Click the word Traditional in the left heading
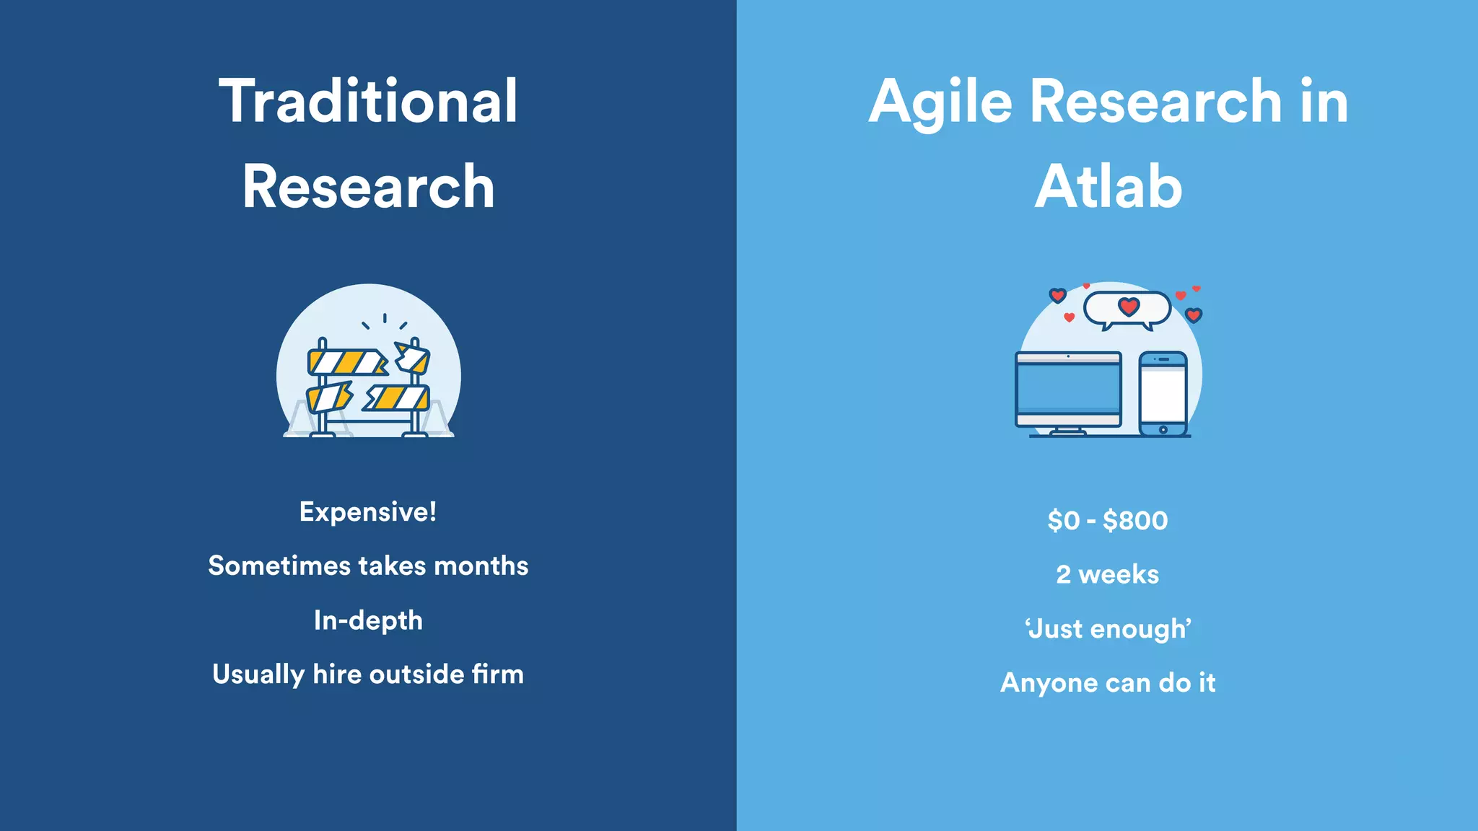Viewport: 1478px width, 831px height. click(368, 101)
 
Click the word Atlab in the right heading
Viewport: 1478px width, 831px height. click(1108, 187)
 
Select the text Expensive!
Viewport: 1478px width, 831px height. click(368, 512)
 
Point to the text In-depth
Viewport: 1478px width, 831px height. click(368, 621)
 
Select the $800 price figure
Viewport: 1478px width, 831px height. click(1135, 521)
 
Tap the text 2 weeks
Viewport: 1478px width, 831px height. click(1107, 575)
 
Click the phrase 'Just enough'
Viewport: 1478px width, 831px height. click(1108, 629)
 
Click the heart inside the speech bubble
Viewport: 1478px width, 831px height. click(1129, 307)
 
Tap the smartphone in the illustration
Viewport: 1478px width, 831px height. click(1163, 393)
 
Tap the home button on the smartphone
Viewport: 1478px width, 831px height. click(1163, 430)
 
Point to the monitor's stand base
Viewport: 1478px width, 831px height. click(1068, 432)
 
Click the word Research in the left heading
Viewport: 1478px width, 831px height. click(368, 187)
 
